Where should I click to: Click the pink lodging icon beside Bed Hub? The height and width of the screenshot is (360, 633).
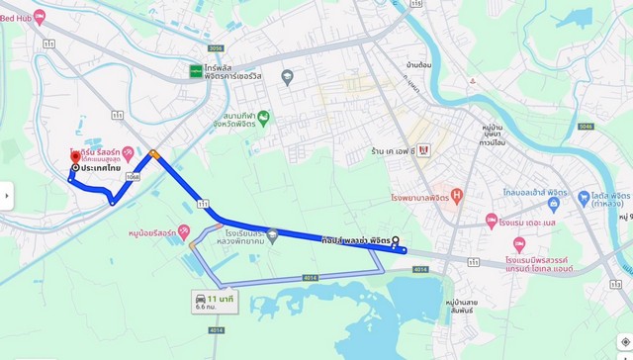[x=40, y=17]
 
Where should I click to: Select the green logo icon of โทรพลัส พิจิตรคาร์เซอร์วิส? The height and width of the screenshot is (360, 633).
[x=196, y=70]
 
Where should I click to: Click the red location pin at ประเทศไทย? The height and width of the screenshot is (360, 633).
[x=74, y=156]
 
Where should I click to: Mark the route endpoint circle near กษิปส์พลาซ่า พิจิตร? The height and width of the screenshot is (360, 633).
[x=396, y=240]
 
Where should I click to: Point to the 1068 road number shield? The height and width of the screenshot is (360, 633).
[x=132, y=177]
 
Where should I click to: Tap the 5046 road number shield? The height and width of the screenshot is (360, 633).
[x=586, y=127]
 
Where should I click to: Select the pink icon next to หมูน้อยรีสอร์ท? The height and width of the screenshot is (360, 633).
[x=183, y=233]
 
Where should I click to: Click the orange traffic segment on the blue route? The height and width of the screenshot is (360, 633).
[x=154, y=154]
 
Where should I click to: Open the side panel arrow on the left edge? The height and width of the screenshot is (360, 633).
[x=6, y=195]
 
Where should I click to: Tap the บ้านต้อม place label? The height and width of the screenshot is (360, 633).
[x=418, y=65]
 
